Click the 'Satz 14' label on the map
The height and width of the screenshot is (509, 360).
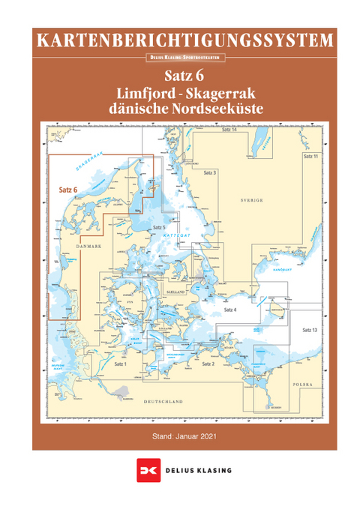pyautogui.click(x=229, y=130)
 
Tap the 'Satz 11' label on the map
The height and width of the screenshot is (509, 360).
pyautogui.click(x=310, y=157)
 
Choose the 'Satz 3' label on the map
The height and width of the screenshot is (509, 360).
pyautogui.click(x=210, y=172)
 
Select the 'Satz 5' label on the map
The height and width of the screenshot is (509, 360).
pyautogui.click(x=158, y=226)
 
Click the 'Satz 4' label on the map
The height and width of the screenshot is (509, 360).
pyautogui.click(x=230, y=309)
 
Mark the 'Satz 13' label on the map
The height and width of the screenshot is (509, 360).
pyautogui.click(x=310, y=330)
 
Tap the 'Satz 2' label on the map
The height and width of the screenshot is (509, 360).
pyautogui.click(x=208, y=363)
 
